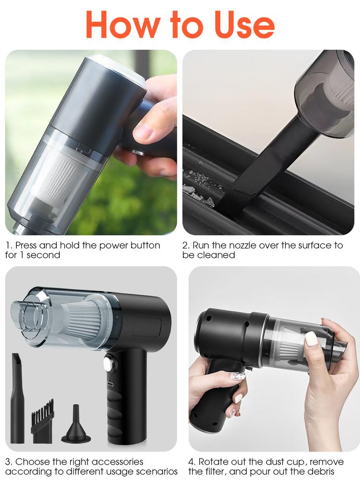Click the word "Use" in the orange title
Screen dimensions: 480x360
click(x=244, y=24)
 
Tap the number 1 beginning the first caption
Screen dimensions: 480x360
click(x=8, y=245)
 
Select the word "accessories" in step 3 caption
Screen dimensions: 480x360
click(x=118, y=462)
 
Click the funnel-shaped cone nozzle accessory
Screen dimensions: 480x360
click(x=76, y=427)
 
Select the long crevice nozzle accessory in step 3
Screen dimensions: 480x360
click(x=17, y=398)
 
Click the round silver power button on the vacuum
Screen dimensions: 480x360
click(x=110, y=363)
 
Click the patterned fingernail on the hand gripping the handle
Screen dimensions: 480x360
click(x=238, y=375)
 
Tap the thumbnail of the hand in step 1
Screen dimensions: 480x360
click(x=143, y=131)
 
